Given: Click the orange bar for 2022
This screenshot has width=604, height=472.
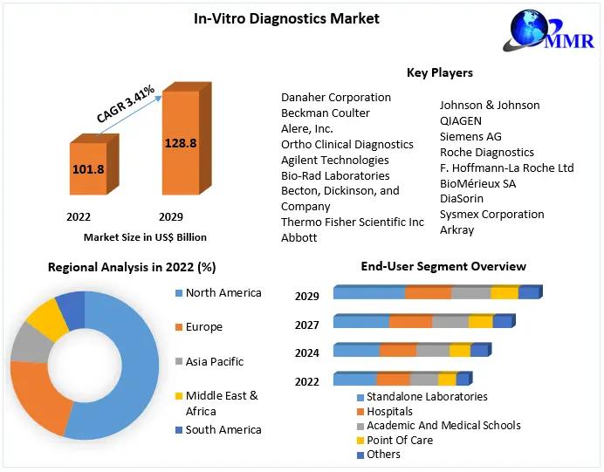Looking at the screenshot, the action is (93, 164).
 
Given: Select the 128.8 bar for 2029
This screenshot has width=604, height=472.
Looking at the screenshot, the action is (187, 139).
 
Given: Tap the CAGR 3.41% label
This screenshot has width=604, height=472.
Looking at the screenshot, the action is (126, 104).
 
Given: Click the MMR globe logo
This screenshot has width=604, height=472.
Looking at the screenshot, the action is (548, 30).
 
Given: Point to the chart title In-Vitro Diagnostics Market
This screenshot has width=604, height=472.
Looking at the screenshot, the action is (286, 18).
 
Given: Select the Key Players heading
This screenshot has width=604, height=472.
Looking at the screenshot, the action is (440, 72).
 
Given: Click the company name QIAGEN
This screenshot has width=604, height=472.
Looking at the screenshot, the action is (460, 121).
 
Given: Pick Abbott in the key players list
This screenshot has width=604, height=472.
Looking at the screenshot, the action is (299, 237).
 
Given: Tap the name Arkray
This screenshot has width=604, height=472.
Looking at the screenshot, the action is (456, 229).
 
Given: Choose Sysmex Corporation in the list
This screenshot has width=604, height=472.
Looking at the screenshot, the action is (492, 214).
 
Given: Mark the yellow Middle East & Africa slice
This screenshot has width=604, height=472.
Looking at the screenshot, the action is (48, 319).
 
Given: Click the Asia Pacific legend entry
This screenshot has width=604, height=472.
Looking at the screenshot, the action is (209, 361).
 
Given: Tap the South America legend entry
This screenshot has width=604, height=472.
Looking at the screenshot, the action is (218, 429).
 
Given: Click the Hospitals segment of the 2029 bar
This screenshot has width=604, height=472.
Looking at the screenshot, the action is (429, 292).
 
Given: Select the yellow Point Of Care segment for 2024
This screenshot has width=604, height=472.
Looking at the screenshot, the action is (460, 350).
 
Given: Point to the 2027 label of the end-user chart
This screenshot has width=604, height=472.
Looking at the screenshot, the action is (307, 325).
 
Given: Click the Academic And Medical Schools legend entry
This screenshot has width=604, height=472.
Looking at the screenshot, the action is (439, 426).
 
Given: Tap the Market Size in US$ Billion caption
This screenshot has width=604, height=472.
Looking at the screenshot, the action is (145, 237).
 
